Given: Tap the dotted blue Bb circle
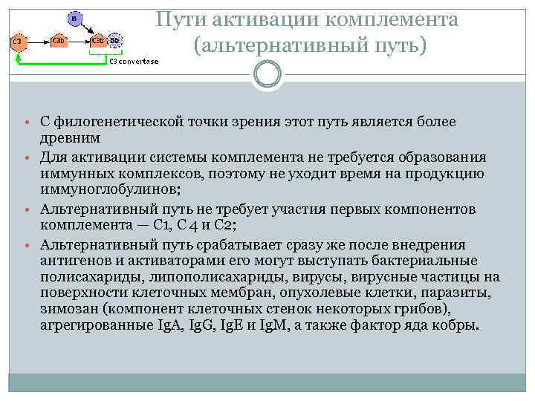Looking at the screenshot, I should tap(115, 40).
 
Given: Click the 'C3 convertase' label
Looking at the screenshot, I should tap(134, 62).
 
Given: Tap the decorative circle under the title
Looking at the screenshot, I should tap(267, 74).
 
